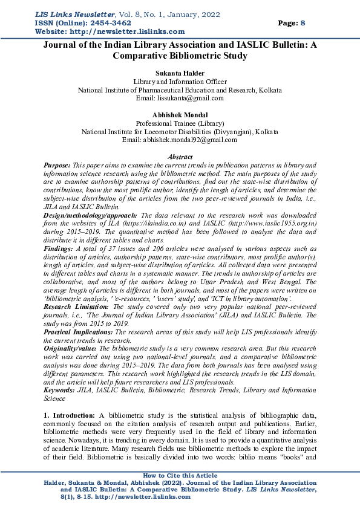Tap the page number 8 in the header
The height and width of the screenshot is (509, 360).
pos(303,22)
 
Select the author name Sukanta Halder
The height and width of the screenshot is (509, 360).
pos(179,72)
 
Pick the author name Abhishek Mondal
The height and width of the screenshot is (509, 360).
pos(179,114)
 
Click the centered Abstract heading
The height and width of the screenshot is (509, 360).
pos(179,157)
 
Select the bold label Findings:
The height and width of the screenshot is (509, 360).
pos(58,248)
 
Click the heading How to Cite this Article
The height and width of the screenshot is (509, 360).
pos(180,476)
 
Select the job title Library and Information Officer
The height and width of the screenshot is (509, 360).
pos(180,80)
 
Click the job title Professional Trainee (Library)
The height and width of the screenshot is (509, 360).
pos(180,123)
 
